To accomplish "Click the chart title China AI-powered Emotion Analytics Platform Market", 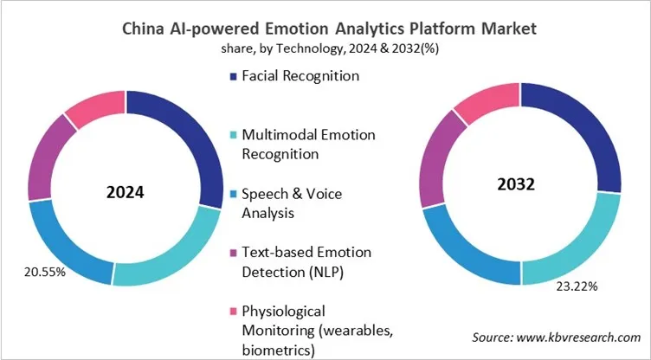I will tap(325, 29).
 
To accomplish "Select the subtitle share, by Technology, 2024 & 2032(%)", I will tap(325, 50).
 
